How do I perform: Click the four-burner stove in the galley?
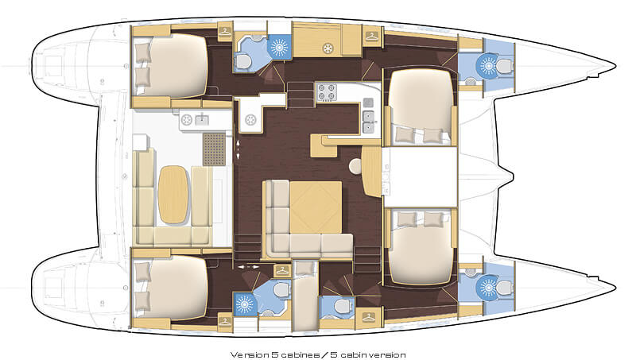(x=327, y=92)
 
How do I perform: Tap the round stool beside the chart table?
(x=356, y=166)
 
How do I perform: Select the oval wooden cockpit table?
(x=173, y=195)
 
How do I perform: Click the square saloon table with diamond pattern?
(x=316, y=207)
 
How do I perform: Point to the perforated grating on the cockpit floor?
(x=214, y=149)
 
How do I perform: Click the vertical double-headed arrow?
(x=238, y=149)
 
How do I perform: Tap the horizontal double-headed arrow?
(x=248, y=267)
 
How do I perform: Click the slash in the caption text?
(x=324, y=355)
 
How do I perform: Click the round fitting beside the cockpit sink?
(x=187, y=120)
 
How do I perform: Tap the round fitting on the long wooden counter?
(x=328, y=48)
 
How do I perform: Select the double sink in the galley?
(x=368, y=122)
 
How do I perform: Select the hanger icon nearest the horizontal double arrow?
(x=282, y=271)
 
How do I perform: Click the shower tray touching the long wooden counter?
(x=280, y=47)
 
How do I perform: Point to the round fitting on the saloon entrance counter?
(x=250, y=119)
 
